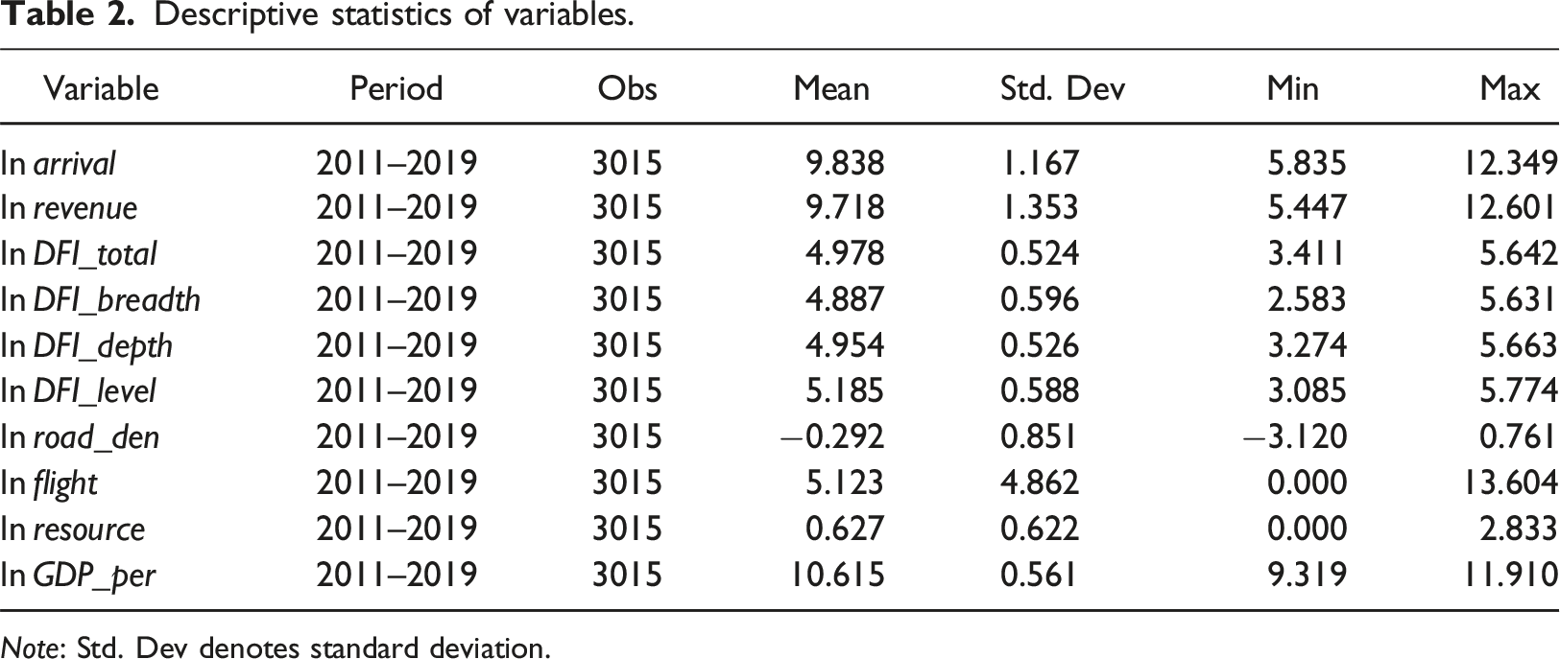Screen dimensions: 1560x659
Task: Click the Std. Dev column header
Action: point(1062,89)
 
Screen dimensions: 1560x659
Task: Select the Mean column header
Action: point(831,89)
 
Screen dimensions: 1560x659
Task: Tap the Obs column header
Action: point(627,89)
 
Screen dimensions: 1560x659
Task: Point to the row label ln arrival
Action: point(58,163)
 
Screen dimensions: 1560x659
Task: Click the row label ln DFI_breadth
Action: point(100,300)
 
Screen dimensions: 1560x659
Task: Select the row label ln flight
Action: point(49,483)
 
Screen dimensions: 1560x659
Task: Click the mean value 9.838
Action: point(845,163)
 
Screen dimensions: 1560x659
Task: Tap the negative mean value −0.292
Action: point(831,437)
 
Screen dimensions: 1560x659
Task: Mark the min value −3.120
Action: point(1295,437)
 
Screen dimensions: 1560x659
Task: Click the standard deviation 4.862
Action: point(1039,482)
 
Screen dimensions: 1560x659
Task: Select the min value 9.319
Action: point(1308,575)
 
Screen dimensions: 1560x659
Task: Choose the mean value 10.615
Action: point(837,575)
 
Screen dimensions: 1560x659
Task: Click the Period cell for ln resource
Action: point(396,529)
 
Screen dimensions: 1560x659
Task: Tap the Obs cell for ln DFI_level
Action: point(627,391)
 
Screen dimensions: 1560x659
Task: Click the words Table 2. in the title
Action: point(67,14)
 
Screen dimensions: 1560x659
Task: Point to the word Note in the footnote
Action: point(31,647)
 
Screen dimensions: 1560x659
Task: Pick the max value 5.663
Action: point(1518,345)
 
